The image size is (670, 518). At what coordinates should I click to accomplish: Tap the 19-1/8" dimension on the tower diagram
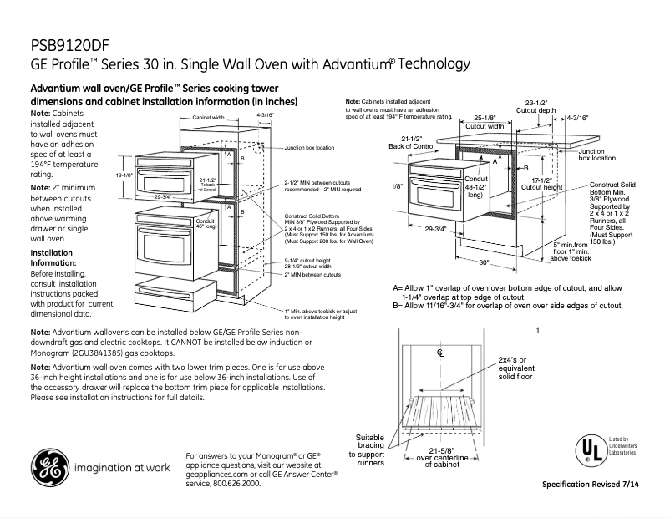pos(124,175)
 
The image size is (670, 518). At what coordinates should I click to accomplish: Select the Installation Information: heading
pos(52,256)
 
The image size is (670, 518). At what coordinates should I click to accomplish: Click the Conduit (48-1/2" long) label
pos(475,188)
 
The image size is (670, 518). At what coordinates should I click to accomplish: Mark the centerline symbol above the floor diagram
pos(440,353)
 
